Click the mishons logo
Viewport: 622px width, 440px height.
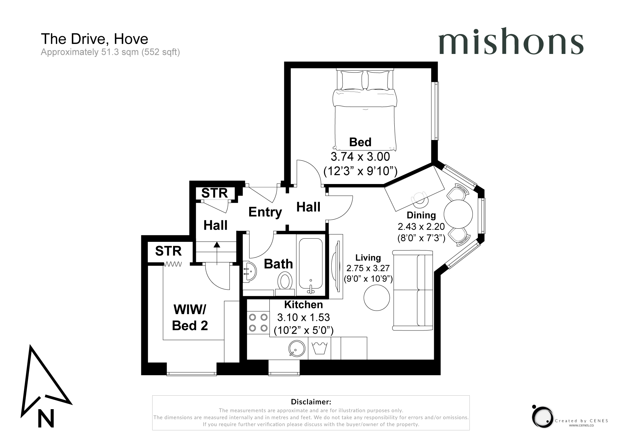point(511,41)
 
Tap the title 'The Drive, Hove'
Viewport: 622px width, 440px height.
point(94,39)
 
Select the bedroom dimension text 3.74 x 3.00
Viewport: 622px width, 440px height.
point(360,157)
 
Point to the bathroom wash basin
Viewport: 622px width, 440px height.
point(250,271)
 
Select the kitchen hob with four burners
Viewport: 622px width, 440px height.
point(258,323)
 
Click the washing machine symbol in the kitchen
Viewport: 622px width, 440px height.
point(319,348)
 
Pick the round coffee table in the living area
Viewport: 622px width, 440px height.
point(377,297)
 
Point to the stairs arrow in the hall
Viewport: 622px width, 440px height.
point(217,253)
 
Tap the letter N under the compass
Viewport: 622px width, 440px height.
point(46,418)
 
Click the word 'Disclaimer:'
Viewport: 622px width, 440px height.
point(311,402)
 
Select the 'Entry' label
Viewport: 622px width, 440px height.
point(265,212)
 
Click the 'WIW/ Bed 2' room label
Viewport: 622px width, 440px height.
point(190,318)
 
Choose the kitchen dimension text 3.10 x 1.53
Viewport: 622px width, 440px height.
point(303,317)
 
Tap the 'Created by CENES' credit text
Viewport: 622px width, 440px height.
point(582,421)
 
